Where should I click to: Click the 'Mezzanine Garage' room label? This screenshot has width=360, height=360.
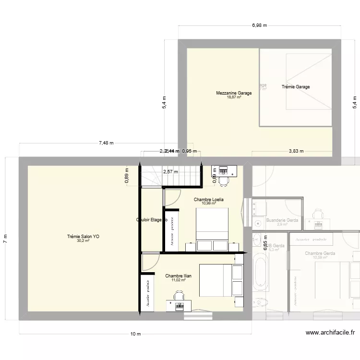[x=234, y=93]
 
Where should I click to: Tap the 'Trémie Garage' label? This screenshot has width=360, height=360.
[x=295, y=87]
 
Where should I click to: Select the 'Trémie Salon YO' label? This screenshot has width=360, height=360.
[x=84, y=236]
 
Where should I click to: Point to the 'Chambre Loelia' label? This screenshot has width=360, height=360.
[x=209, y=199]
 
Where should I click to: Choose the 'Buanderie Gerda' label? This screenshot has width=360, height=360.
[x=282, y=220]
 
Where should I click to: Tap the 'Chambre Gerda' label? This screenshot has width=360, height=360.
[x=320, y=253]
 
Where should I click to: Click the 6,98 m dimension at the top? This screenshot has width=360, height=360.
[x=259, y=25]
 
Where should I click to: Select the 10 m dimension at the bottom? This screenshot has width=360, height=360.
[x=135, y=334]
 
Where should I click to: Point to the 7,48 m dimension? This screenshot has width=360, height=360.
[x=106, y=143]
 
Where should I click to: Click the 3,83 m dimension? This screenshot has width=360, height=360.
[x=296, y=151]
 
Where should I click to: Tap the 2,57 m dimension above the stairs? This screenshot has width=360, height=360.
[x=170, y=171]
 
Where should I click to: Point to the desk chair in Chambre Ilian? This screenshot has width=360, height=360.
[x=179, y=296]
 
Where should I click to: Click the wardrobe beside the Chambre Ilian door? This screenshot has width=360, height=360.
[x=147, y=293]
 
